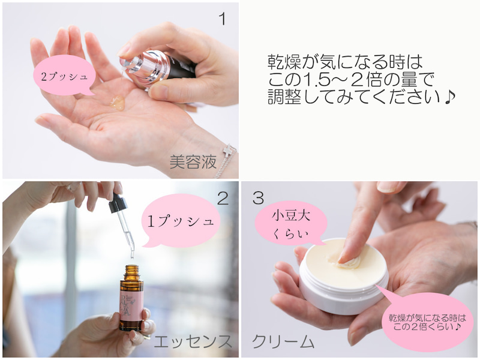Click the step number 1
(x=223, y=19)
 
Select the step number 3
(x=258, y=198)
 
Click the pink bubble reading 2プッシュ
(x=65, y=76)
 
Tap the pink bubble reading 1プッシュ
(x=181, y=221)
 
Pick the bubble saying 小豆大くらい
(x=291, y=224)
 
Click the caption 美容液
(x=193, y=161)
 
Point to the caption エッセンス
(x=192, y=341)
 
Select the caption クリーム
(x=283, y=341)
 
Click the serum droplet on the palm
(x=118, y=102)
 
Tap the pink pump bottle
(x=158, y=68)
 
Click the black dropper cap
(x=117, y=203)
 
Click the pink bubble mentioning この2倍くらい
(x=427, y=322)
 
